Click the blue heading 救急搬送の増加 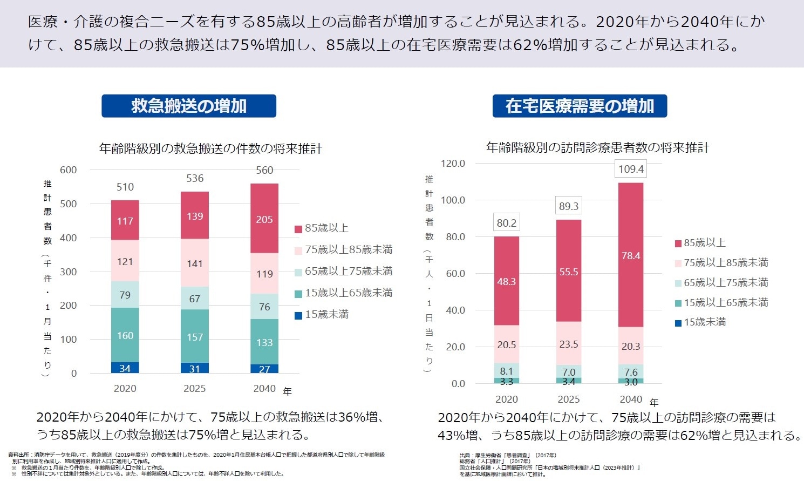coord(189,106)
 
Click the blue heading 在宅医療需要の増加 coord(580,106)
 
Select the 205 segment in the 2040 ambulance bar coord(264,219)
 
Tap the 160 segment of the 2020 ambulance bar coord(125,335)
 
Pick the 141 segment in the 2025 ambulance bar coord(195,263)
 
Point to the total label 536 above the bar coord(195,178)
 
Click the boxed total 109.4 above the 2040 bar coord(631,169)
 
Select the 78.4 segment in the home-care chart coord(631,255)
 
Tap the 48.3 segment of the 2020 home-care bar coord(506,281)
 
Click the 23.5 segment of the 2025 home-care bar coord(569,344)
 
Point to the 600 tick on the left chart coord(69,170)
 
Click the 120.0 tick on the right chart coord(453,164)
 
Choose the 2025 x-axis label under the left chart coord(195,389)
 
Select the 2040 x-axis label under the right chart coord(631,399)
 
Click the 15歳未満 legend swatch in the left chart coord(298,315)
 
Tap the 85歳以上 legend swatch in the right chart coord(678,243)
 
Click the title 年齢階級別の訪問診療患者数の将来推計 coord(598,147)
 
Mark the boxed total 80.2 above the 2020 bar coord(506,223)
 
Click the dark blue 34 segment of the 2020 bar coord(125,368)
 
